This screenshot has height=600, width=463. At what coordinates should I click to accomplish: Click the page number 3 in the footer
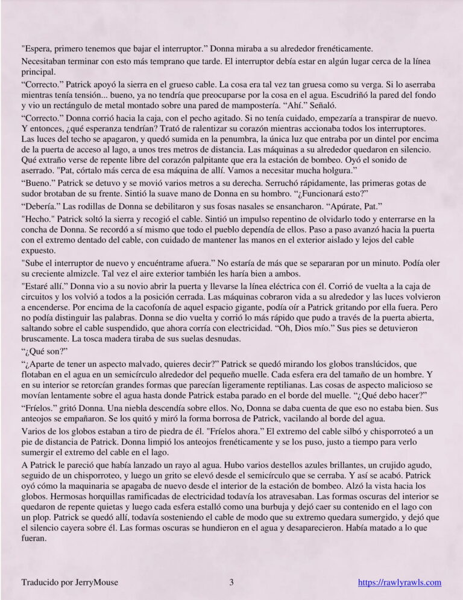pos(231,582)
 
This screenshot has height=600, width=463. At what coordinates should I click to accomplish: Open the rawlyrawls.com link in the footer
pos(400,582)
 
